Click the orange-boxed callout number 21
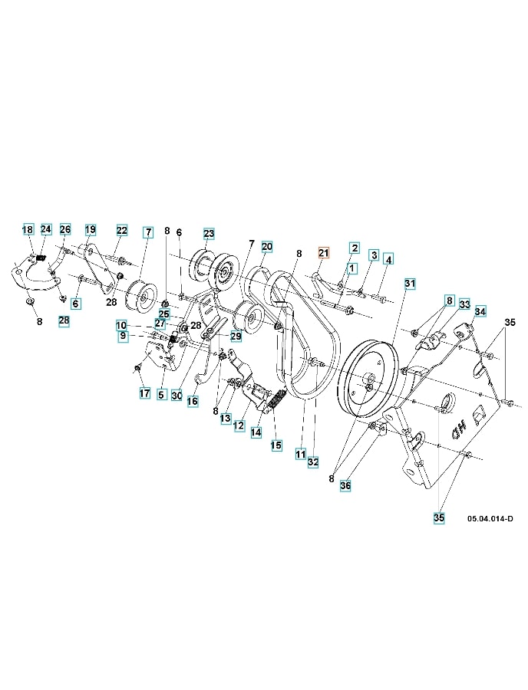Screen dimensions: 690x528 (x=323, y=252)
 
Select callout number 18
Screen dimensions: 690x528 (x=28, y=229)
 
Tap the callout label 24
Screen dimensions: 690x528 (x=46, y=229)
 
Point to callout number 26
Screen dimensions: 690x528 (x=65, y=229)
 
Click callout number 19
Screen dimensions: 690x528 (x=91, y=229)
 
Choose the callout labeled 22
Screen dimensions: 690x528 (x=122, y=230)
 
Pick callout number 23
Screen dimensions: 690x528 (x=209, y=233)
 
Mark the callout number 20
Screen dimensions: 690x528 (x=266, y=246)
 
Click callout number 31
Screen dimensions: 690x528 (x=410, y=284)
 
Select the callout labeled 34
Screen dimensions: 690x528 (x=480, y=311)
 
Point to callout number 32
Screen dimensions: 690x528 (x=313, y=462)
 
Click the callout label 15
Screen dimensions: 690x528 (x=276, y=445)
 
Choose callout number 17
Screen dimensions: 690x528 (x=144, y=393)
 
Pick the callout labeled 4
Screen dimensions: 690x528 (x=388, y=260)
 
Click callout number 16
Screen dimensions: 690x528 (x=192, y=400)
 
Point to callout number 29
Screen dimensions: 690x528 (x=236, y=336)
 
